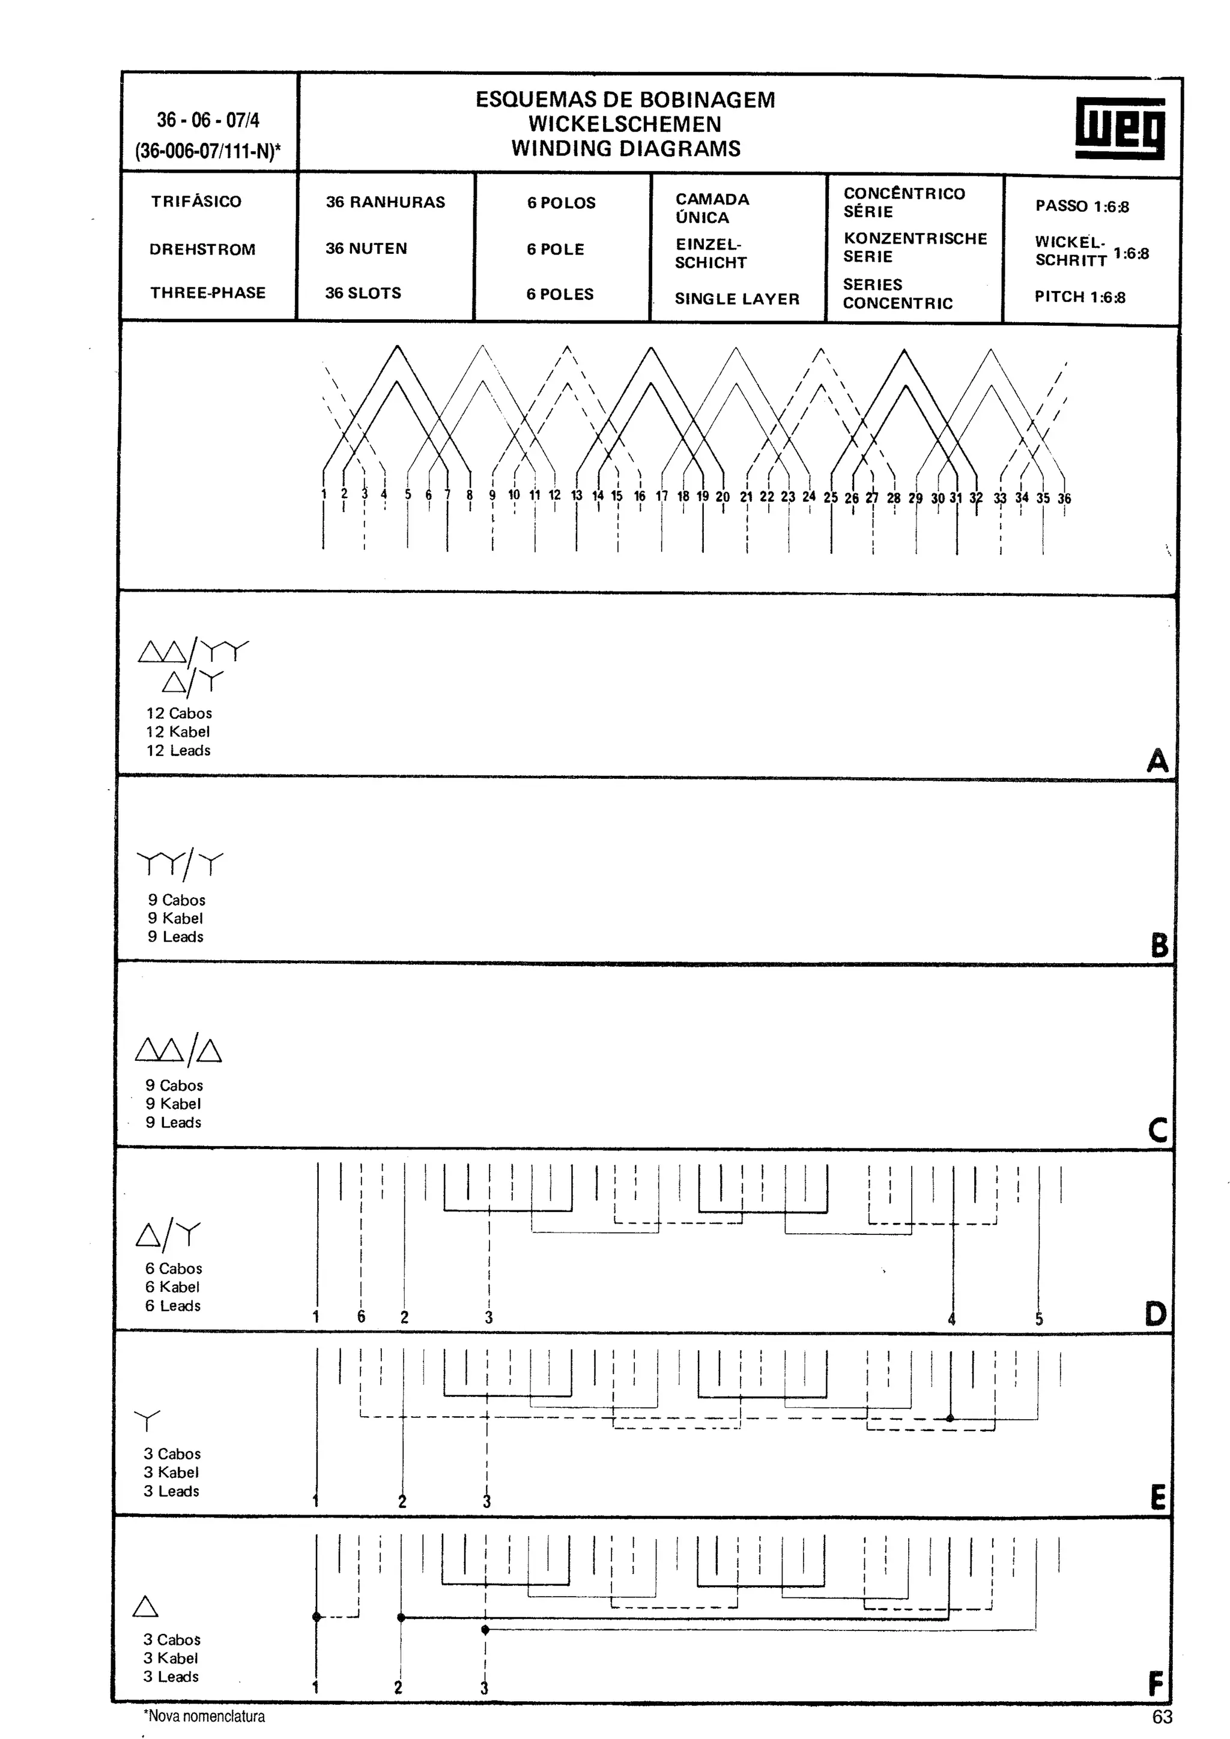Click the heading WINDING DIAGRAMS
[626, 148]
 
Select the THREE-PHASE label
[208, 293]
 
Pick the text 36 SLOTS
[363, 293]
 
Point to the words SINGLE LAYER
[737, 299]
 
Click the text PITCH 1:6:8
[1079, 297]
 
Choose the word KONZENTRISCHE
[915, 239]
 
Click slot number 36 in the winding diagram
[1064, 499]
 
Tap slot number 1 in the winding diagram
[324, 494]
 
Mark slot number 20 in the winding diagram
[723, 497]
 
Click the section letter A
[1157, 760]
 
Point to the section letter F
[1156, 1684]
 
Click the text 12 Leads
[178, 751]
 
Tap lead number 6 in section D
[362, 1317]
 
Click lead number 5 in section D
[1039, 1318]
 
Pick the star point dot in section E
[950, 1418]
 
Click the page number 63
[1162, 1716]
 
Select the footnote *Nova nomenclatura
[204, 1716]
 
